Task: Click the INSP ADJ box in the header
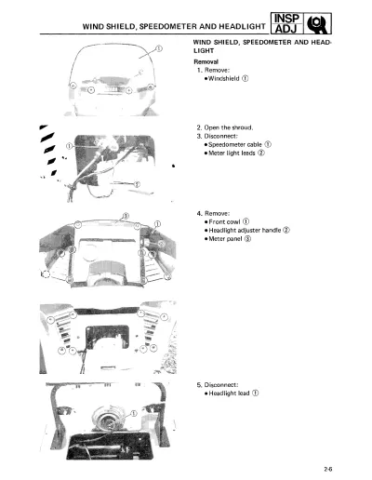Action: click(x=286, y=23)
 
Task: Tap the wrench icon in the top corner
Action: click(x=317, y=23)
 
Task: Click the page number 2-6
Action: click(x=328, y=469)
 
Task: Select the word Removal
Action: click(x=206, y=61)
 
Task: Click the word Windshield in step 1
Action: click(x=224, y=78)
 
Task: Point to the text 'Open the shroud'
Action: click(x=229, y=127)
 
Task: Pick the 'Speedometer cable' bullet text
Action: click(x=235, y=144)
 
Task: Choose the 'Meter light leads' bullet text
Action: click(x=232, y=153)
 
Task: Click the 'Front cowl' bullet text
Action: click(x=224, y=221)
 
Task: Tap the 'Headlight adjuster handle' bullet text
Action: click(x=245, y=230)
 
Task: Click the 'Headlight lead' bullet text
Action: click(x=229, y=393)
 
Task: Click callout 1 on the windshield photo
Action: click(x=158, y=48)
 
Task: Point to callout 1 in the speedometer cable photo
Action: click(x=70, y=146)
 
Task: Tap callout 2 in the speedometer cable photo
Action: click(x=137, y=184)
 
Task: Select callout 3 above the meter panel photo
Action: click(x=126, y=216)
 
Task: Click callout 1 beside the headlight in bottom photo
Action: click(x=133, y=413)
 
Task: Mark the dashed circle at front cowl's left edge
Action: click(x=46, y=273)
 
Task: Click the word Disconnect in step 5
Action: click(x=220, y=385)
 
